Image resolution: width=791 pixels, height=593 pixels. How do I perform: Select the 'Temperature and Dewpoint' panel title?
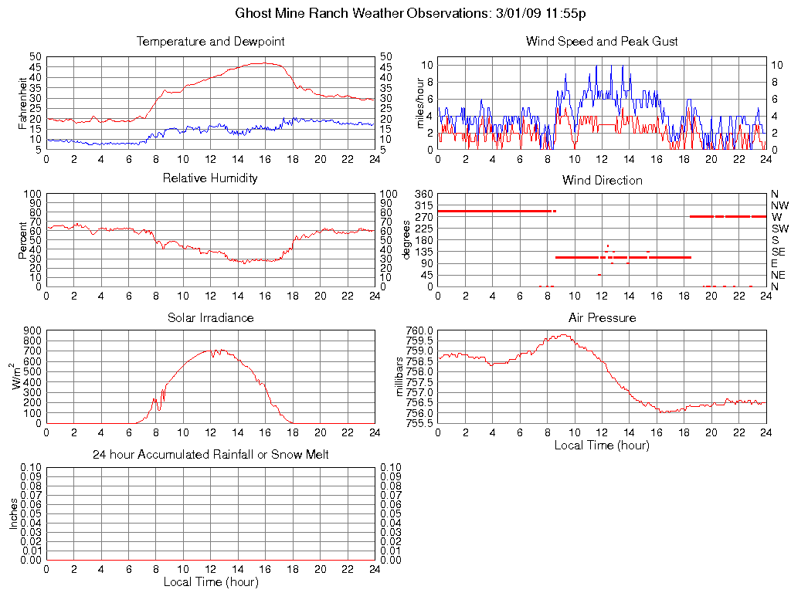[210, 42]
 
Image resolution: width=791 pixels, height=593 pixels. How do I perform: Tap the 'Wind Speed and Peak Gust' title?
[602, 42]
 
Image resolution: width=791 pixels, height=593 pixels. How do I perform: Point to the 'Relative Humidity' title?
[210, 178]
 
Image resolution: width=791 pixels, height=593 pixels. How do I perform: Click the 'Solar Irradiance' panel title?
[210, 317]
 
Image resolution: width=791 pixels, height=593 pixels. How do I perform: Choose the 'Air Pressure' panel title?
[602, 317]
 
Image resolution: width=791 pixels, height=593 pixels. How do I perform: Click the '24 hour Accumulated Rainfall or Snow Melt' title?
[210, 455]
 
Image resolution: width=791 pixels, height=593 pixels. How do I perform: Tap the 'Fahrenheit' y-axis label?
[23, 103]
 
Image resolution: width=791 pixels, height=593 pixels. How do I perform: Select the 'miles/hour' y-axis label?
[420, 103]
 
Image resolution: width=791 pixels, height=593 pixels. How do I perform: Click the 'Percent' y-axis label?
[23, 240]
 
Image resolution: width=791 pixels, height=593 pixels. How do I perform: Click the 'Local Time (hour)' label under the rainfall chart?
[210, 581]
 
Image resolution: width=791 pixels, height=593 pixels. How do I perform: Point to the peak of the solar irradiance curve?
[213, 350]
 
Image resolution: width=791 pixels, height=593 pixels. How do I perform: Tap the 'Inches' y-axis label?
[13, 513]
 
